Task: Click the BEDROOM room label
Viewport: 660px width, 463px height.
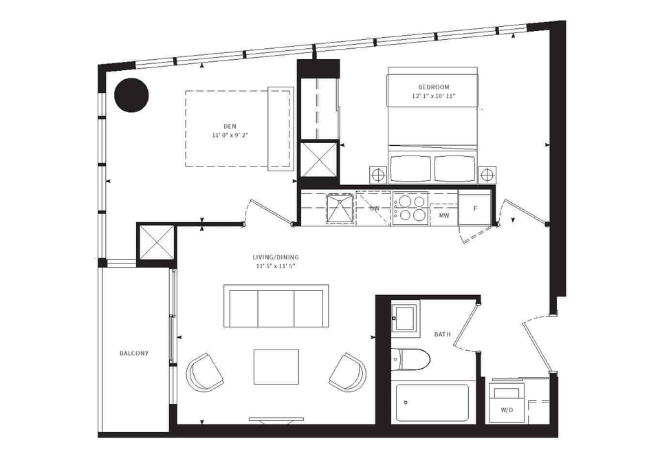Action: point(434,87)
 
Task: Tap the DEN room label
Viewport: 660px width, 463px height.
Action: point(230,127)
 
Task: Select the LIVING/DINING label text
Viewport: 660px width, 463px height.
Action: point(276,257)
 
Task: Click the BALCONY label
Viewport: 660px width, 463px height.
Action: point(134,354)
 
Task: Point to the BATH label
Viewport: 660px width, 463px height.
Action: point(442,334)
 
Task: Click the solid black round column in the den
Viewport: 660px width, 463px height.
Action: point(131,95)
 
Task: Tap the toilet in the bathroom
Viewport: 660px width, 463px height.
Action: point(410,359)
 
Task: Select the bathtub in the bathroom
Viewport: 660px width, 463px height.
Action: point(432,402)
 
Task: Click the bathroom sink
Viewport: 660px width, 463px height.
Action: point(404,318)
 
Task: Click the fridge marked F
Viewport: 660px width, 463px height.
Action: point(475,209)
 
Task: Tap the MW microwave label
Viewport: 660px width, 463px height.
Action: point(444,216)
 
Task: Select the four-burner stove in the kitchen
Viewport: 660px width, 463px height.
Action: point(410,208)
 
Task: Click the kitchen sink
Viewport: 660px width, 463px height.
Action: point(340,208)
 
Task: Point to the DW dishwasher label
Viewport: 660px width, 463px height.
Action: point(375,208)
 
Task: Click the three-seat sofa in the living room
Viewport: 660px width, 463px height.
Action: point(276,306)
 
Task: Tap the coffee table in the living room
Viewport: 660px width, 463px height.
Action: point(276,367)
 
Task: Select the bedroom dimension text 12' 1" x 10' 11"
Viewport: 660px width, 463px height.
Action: point(434,96)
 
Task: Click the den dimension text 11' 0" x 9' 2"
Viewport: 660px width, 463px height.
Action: point(230,136)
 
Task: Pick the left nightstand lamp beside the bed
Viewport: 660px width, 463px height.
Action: point(378,175)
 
